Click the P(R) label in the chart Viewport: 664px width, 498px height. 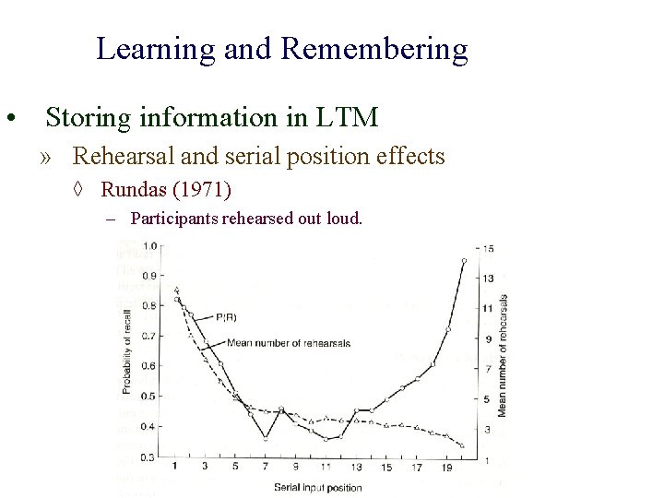[x=226, y=317]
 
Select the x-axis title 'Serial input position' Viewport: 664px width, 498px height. [x=318, y=487]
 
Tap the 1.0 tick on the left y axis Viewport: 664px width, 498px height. [x=148, y=246]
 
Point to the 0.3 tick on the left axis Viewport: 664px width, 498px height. [x=148, y=457]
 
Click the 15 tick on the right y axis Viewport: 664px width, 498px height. [x=489, y=247]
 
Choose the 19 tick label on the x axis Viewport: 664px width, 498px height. [x=447, y=468]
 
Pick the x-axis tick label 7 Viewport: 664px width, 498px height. [x=265, y=468]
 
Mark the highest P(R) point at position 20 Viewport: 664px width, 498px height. [x=464, y=261]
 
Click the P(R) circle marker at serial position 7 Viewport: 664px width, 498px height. [x=266, y=438]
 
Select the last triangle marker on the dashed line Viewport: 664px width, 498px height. [x=462, y=446]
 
